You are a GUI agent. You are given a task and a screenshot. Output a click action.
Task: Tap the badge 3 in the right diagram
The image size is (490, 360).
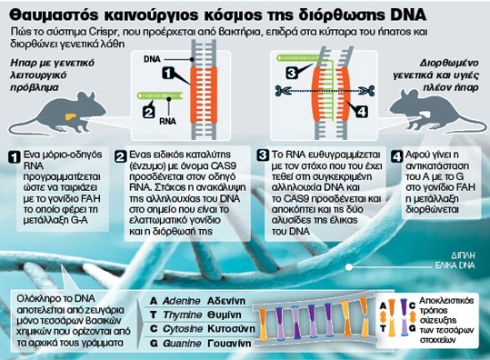click(x=290, y=72)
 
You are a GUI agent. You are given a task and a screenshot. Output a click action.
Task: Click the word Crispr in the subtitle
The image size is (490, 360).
click(x=107, y=31)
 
